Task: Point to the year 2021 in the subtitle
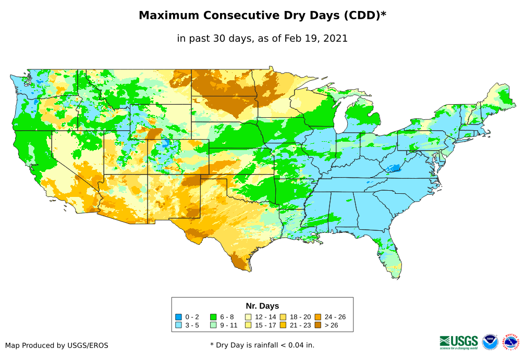coord(336,38)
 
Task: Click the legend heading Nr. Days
coord(262,306)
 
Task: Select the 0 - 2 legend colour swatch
coord(179,317)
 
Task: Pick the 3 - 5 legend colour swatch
coord(179,325)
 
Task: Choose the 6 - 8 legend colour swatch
coord(213,317)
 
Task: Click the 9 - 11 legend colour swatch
coord(213,325)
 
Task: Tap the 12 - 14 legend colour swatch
coord(248,317)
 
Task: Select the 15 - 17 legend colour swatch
coord(248,325)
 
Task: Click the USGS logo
coord(459,342)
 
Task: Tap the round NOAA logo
coord(490,342)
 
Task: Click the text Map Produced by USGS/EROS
coord(57,345)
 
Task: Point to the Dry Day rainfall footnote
coord(262,345)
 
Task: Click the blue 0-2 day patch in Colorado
coord(166,142)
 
